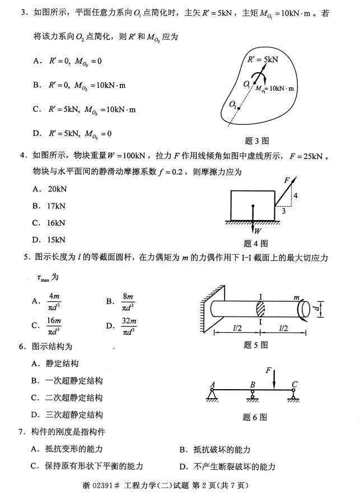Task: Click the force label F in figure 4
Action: pos(287,181)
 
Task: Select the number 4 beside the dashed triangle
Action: pos(296,196)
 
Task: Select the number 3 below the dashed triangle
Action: pos(284,211)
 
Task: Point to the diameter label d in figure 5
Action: pos(317,309)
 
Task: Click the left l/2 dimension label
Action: pos(237,328)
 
